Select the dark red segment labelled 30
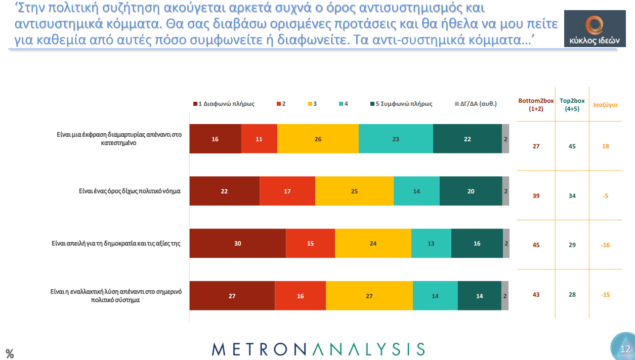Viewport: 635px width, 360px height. pos(237,244)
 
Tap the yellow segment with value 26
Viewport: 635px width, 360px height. pos(318,139)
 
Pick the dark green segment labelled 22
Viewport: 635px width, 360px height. pos(467,139)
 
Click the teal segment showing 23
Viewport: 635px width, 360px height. pos(396,139)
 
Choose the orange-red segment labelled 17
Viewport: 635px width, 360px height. pos(287,191)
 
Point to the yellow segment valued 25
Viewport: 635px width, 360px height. pos(354,191)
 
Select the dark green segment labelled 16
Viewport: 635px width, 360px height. pos(477,244)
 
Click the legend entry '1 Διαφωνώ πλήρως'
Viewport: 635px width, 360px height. pos(224,104)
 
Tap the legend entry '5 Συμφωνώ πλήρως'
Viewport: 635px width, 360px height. pos(402,104)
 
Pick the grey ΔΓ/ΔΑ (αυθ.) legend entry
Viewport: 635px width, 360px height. pos(476,104)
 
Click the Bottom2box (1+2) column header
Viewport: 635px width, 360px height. pos(536,105)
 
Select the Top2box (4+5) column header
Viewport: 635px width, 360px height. pos(572,105)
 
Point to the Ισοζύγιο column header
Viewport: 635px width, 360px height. pos(605,105)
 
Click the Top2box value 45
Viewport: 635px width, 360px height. pos(572,146)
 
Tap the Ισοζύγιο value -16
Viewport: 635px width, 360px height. pos(605,245)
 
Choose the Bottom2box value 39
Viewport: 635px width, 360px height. pos(536,196)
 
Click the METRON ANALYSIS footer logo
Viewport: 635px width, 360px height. pos(318,349)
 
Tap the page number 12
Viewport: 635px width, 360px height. pos(625,349)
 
